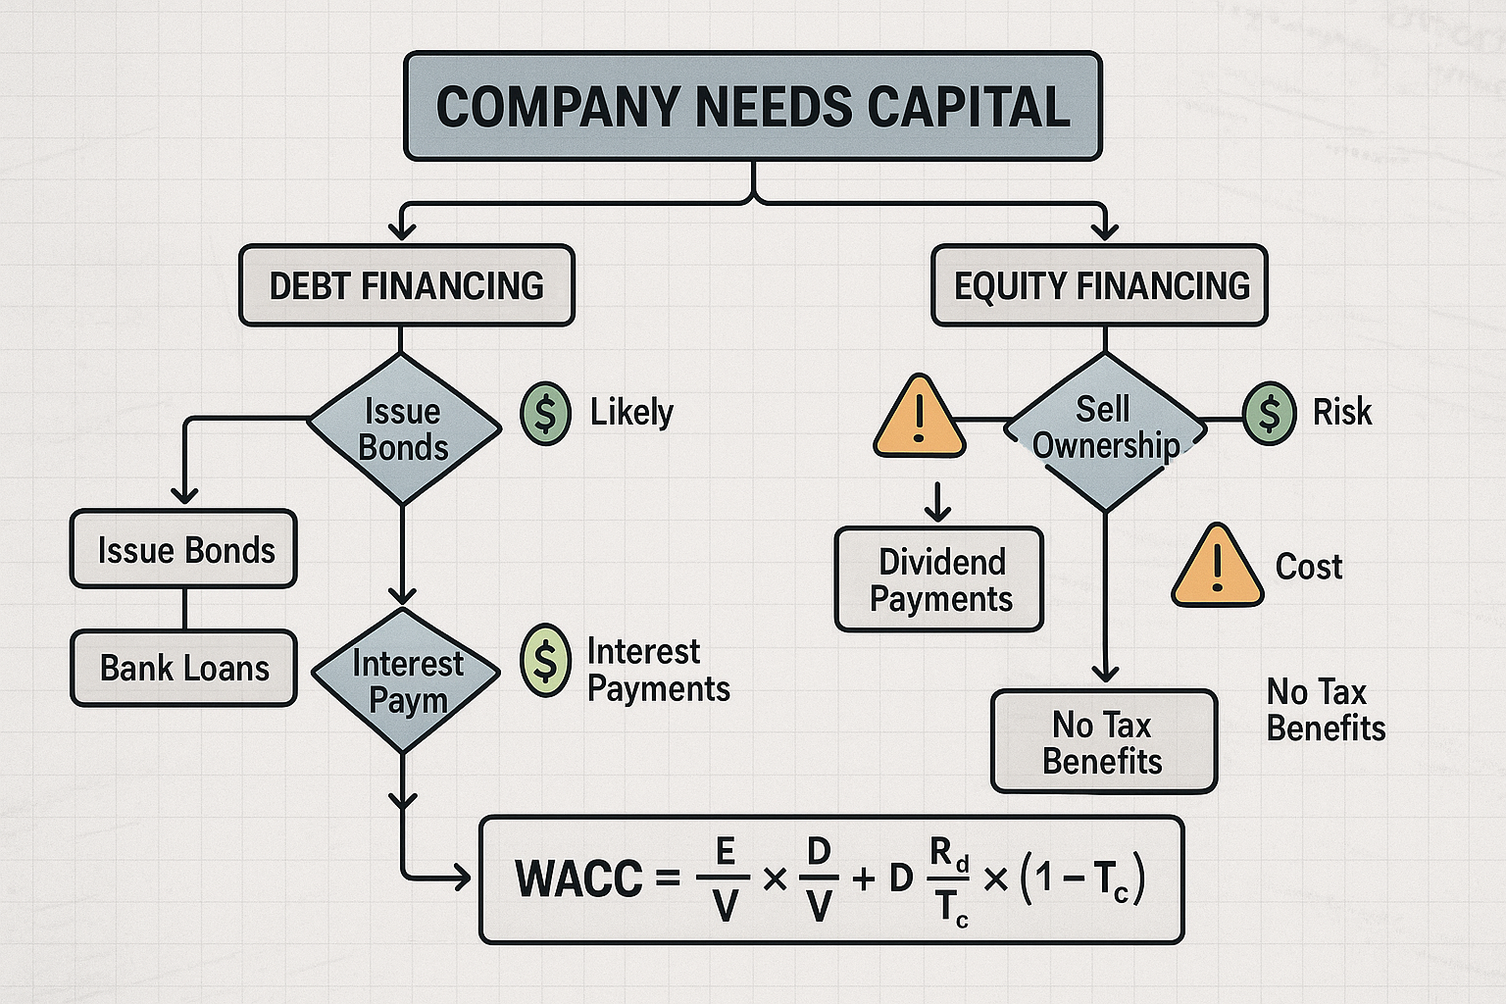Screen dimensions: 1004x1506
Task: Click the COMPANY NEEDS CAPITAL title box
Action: pyautogui.click(x=752, y=106)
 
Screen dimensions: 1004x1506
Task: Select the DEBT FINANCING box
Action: pyautogui.click(x=406, y=285)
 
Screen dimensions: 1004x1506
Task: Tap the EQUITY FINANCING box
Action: pyautogui.click(x=1099, y=285)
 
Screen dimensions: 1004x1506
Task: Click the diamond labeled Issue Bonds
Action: pyautogui.click(x=403, y=428)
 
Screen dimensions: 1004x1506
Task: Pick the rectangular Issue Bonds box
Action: pyautogui.click(x=184, y=549)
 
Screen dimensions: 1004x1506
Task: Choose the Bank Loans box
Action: pyautogui.click(x=184, y=668)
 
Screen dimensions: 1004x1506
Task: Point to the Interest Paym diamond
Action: pyautogui.click(x=404, y=680)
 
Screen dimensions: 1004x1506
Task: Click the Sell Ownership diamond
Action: pyautogui.click(x=1105, y=429)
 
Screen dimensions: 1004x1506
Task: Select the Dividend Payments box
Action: pyautogui.click(x=939, y=579)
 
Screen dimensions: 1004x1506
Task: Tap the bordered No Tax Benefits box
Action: pyautogui.click(x=1103, y=742)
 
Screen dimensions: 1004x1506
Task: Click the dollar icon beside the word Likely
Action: pyautogui.click(x=545, y=413)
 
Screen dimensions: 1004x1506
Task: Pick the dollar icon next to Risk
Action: pyautogui.click(x=1269, y=413)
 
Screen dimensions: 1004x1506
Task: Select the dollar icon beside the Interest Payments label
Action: pyautogui.click(x=545, y=660)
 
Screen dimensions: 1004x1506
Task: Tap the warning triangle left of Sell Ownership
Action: pyautogui.click(x=919, y=420)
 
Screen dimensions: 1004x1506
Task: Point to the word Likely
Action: pyautogui.click(x=631, y=413)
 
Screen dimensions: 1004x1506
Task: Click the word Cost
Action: pyautogui.click(x=1308, y=567)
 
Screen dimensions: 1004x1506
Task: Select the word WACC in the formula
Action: pyautogui.click(x=578, y=878)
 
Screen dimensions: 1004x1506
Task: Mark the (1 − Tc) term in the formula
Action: pyautogui.click(x=1081, y=878)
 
